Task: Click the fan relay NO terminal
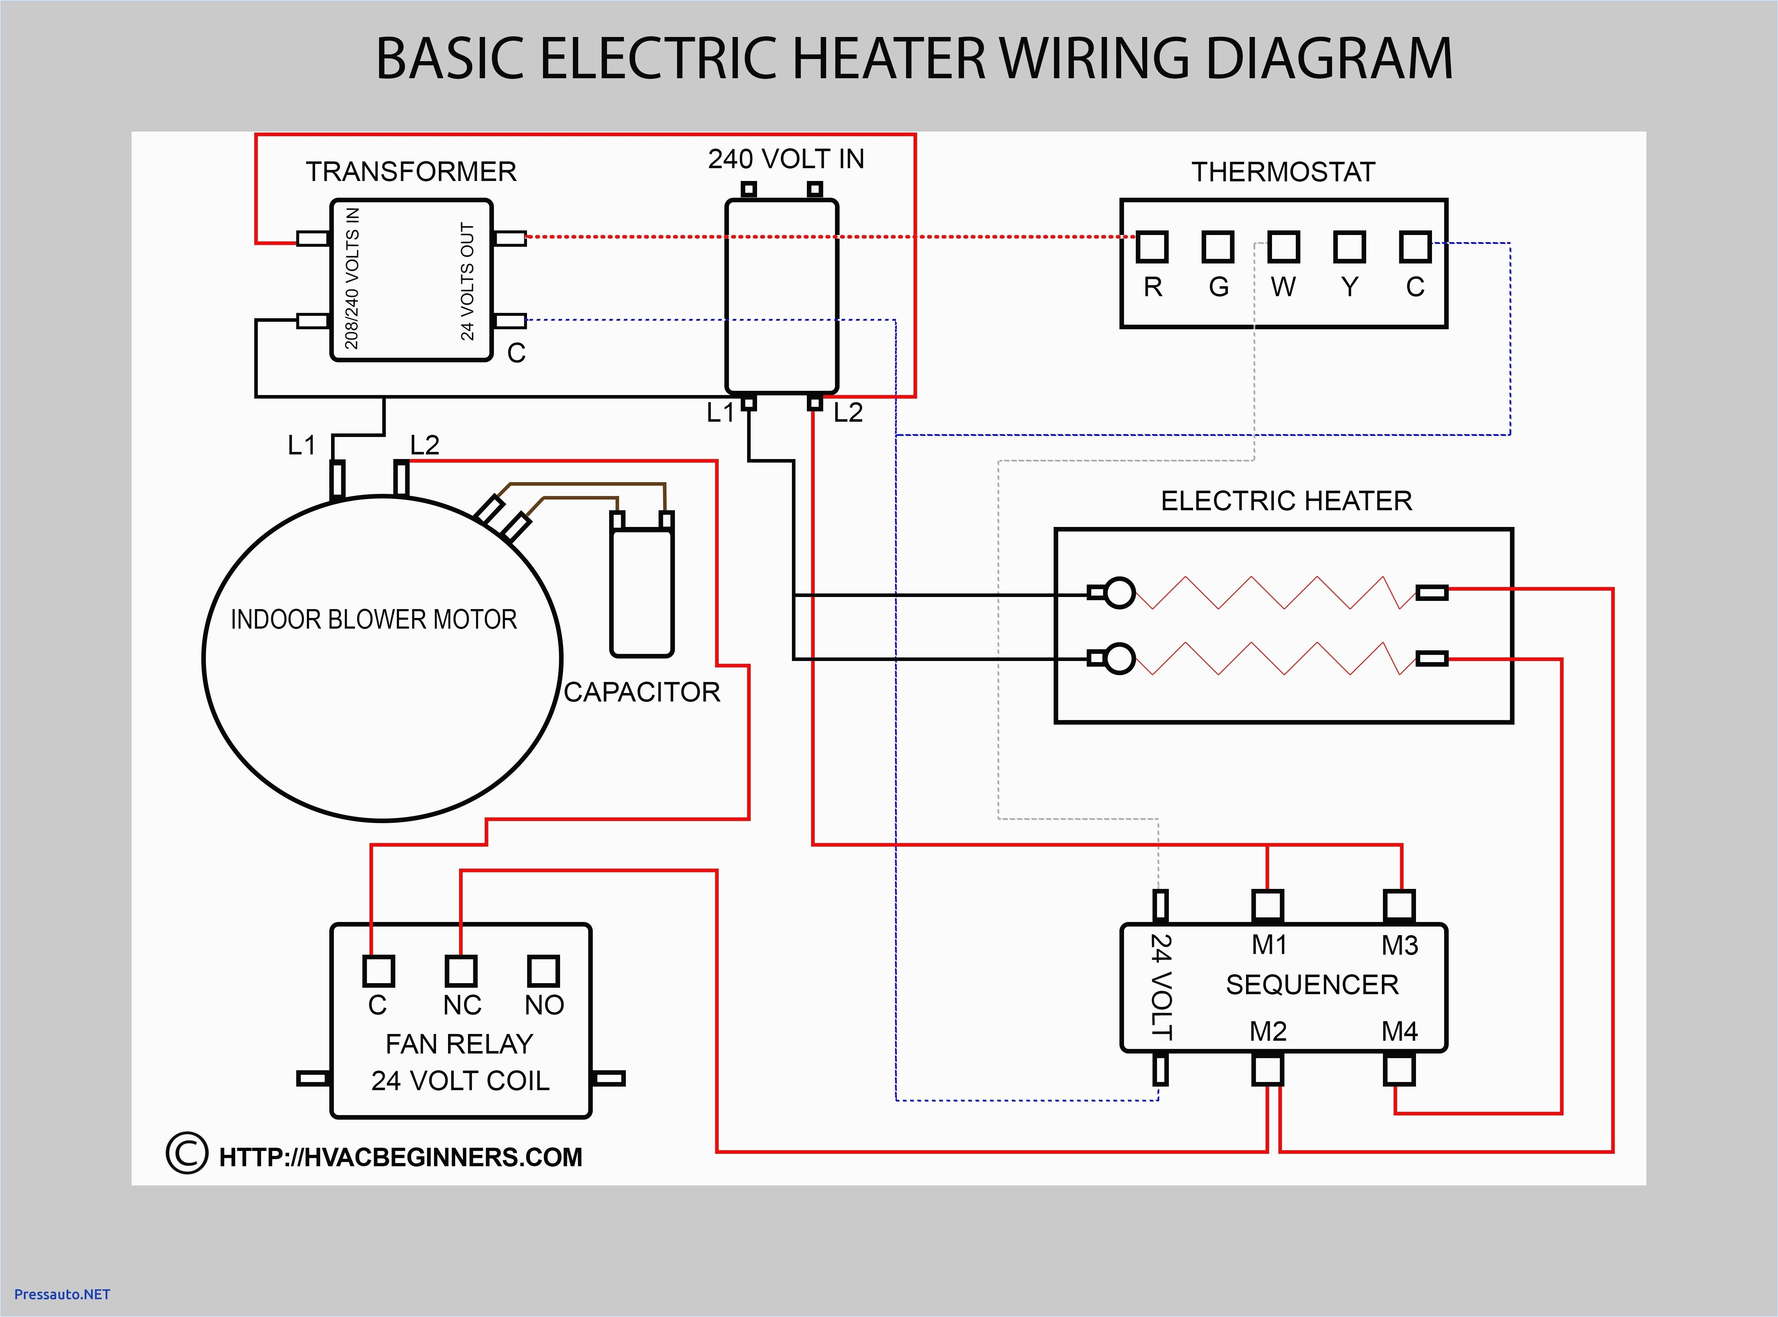tap(543, 971)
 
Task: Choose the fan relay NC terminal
tap(461, 971)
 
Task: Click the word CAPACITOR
tap(642, 692)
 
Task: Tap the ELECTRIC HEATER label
tap(1286, 501)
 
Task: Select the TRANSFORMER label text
tap(411, 171)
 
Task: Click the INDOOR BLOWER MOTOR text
tap(373, 619)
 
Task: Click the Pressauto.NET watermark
tap(62, 1294)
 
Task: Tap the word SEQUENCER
tap(1311, 985)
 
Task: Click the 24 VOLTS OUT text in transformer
tap(467, 281)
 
